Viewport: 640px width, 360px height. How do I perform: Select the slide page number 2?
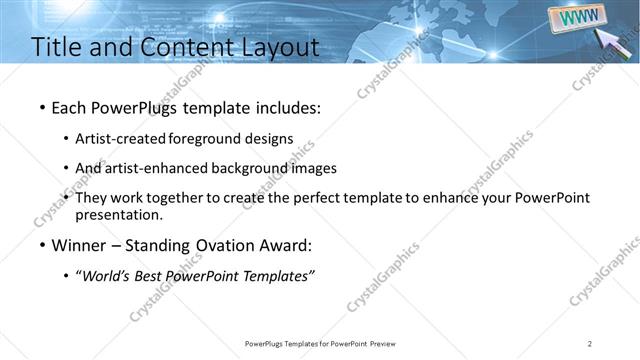click(x=590, y=343)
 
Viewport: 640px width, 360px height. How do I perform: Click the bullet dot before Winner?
click(x=42, y=246)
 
